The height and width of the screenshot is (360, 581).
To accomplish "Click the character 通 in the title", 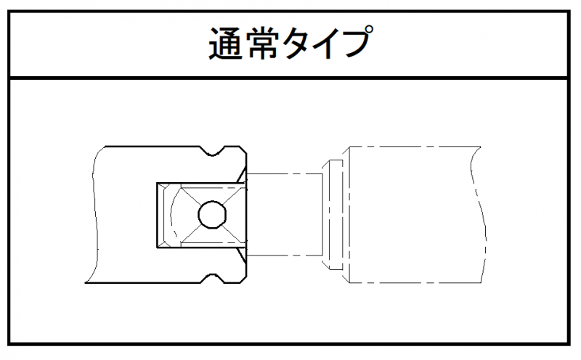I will coord(227,44).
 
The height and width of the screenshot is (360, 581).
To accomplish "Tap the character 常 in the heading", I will coord(262,44).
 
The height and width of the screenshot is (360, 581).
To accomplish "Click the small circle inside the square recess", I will coord(211,214).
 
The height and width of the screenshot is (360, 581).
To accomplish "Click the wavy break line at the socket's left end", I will coord(92,214).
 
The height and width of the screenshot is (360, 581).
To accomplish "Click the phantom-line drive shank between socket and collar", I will coord(285,214).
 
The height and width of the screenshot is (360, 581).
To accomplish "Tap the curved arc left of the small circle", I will coord(172,214).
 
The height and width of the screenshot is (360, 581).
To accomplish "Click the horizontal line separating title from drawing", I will coord(290,76).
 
